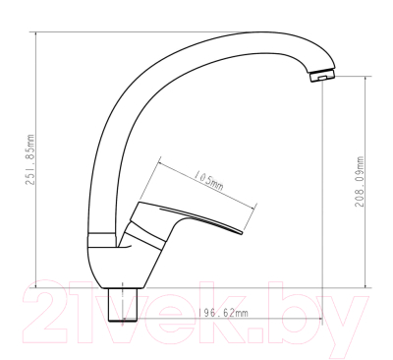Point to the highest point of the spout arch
246,37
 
